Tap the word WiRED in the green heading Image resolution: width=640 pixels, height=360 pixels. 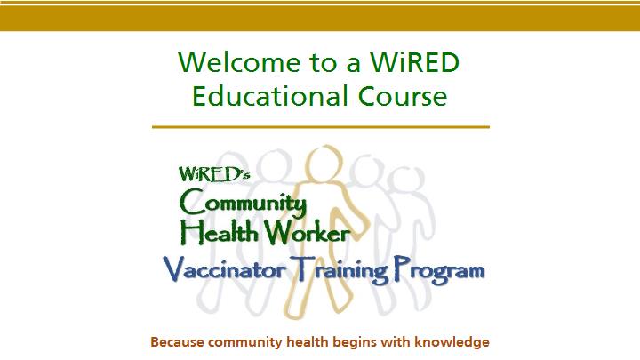pos(414,62)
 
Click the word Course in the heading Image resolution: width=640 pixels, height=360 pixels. pos(403,96)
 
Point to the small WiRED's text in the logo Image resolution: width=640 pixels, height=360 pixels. pos(214,174)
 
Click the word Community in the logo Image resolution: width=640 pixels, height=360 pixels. pos(243,204)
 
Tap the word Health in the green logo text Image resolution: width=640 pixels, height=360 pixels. pos(220,232)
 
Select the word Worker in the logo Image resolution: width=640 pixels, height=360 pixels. pos(307,233)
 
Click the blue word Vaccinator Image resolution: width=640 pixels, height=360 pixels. pos(225,269)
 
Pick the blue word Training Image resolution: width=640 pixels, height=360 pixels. pos(340,269)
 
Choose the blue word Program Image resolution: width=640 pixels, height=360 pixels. pos(439,270)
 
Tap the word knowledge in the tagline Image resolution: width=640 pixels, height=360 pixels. pos(452,341)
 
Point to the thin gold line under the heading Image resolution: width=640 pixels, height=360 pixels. pos(321,127)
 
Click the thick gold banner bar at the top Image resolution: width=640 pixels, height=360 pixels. pos(320,19)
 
